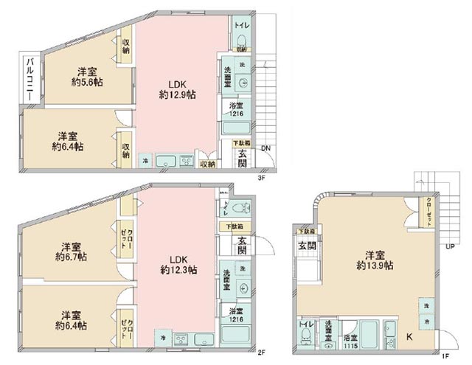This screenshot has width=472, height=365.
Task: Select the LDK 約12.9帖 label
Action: click(x=178, y=88)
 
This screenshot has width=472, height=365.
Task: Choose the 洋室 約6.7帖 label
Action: click(x=71, y=251)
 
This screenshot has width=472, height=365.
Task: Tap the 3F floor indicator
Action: click(x=262, y=177)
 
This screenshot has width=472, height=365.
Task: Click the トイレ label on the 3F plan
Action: click(x=240, y=25)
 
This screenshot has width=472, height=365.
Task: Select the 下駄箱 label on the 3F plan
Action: click(x=241, y=142)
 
